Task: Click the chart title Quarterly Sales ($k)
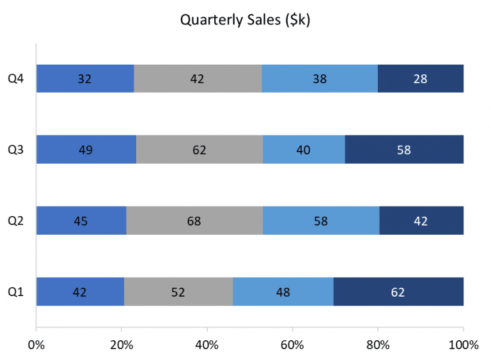coord(245,20)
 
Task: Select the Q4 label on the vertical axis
coord(16,79)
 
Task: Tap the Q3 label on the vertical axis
coord(16,150)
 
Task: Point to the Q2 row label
coord(16,221)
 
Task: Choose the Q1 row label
coord(16,292)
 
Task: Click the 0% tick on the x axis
coord(36,345)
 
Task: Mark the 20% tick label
coord(121,345)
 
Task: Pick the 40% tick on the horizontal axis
coord(207,345)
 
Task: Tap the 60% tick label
coord(292,345)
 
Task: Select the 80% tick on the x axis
coord(378,345)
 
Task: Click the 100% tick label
coord(463,345)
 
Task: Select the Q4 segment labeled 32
coord(85,79)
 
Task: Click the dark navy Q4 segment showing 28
coord(420,79)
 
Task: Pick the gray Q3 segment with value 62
coord(199,150)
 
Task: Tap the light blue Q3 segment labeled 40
coord(304,150)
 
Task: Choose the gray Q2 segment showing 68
coord(194,221)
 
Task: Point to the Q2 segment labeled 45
coord(81,221)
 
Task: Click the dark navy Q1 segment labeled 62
coord(398,292)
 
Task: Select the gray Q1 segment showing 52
coord(178,292)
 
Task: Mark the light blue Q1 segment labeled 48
coord(283,292)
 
